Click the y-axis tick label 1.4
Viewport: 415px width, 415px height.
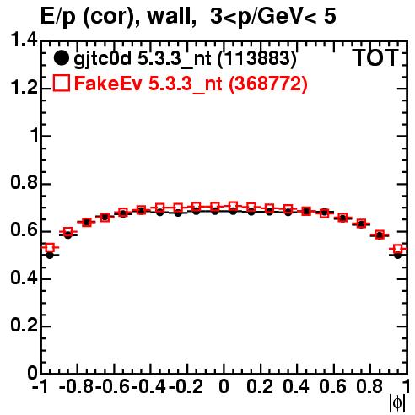[24, 40]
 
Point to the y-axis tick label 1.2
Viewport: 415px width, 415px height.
[24, 87]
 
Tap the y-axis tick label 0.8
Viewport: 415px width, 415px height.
[24, 182]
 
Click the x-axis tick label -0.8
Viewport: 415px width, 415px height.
[77, 386]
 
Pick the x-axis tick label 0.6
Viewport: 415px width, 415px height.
[332, 386]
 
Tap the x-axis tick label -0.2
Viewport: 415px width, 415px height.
[186, 386]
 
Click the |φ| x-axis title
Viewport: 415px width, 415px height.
[397, 403]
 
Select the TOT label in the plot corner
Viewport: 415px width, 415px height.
[375, 58]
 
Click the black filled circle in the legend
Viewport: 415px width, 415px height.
[61, 58]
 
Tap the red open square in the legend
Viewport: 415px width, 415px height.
[61, 84]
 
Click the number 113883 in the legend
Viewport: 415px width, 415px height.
[257, 58]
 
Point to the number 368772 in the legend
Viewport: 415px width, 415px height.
[268, 84]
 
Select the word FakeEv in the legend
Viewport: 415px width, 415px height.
[108, 84]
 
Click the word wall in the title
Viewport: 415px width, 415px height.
[171, 16]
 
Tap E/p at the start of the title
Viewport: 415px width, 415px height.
[59, 18]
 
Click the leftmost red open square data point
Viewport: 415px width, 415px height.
[50, 248]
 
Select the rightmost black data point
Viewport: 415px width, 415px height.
[397, 256]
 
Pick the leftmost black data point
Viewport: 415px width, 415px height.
[50, 256]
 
